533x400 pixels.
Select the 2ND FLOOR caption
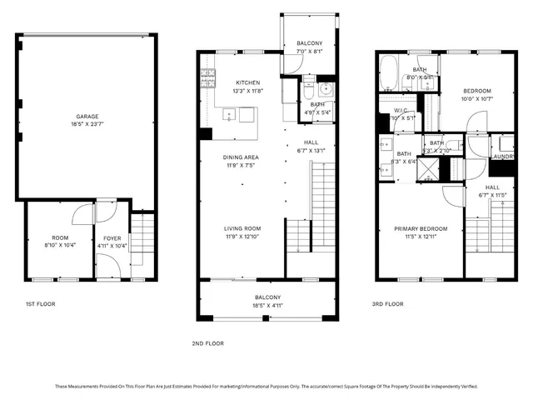click(208, 342)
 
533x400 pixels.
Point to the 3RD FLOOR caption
click(387, 304)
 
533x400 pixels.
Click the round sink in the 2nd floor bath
click(326, 90)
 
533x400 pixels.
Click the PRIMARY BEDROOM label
click(421, 228)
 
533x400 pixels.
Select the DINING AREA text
click(240, 157)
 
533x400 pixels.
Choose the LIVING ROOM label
click(242, 228)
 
